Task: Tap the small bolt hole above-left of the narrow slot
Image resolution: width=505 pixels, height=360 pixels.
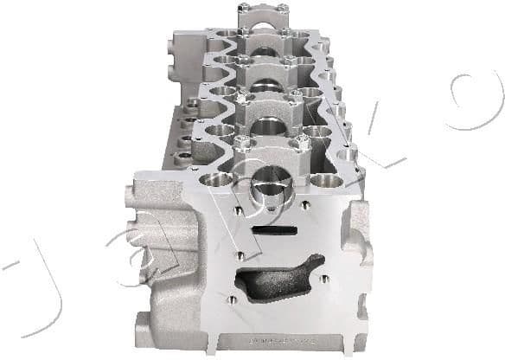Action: tap(235, 209)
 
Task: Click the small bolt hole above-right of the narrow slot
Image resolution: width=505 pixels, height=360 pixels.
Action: tap(304, 206)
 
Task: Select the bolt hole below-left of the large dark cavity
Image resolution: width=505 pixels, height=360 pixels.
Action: tap(231, 299)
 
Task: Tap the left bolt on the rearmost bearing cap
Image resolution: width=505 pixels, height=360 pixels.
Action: tap(245, 10)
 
